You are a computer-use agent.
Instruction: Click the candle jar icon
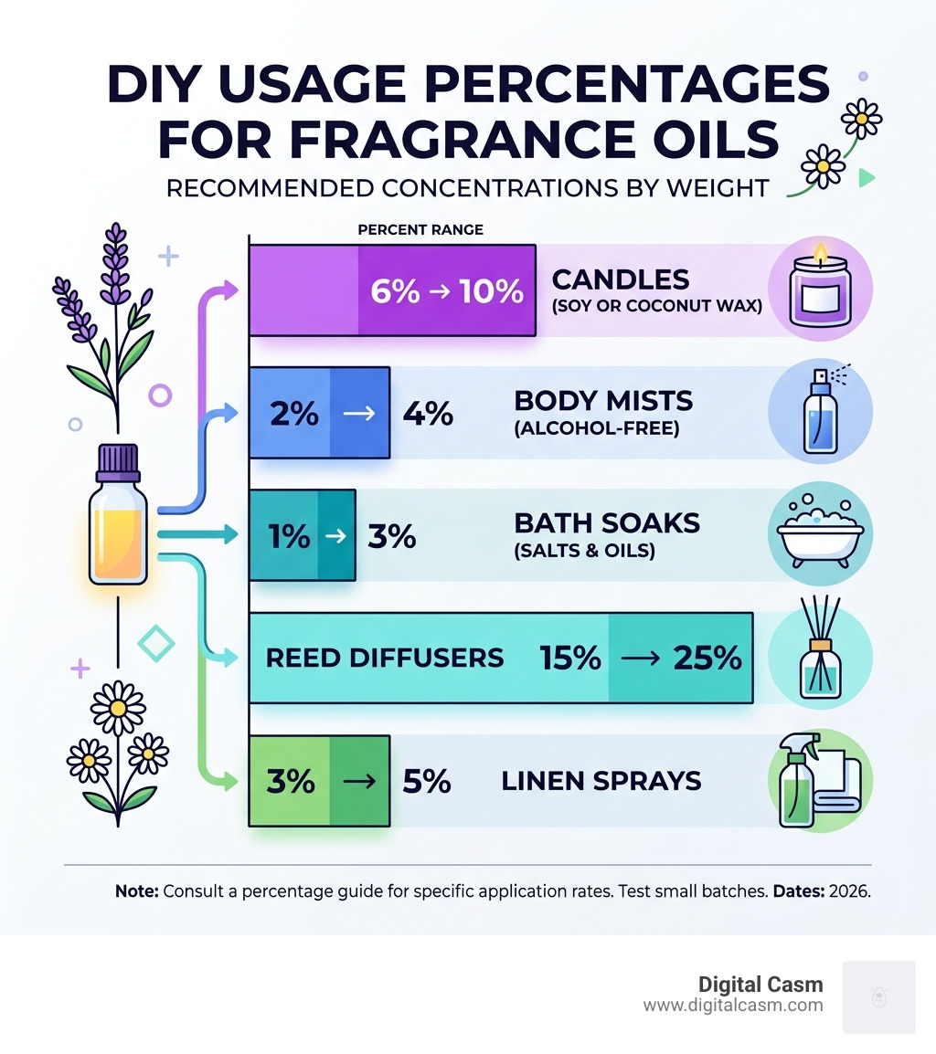[x=819, y=289]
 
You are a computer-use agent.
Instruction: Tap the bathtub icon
[x=820, y=534]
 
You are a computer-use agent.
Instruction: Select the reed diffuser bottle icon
[x=819, y=656]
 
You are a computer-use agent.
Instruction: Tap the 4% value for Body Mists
[x=428, y=414]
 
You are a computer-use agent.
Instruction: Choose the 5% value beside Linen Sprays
[x=426, y=782]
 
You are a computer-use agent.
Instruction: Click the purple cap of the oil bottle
[x=117, y=462]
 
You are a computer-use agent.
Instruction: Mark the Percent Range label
[x=420, y=229]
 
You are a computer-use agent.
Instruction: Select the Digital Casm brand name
[x=760, y=985]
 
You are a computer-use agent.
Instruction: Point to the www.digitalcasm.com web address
[x=733, y=1006]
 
